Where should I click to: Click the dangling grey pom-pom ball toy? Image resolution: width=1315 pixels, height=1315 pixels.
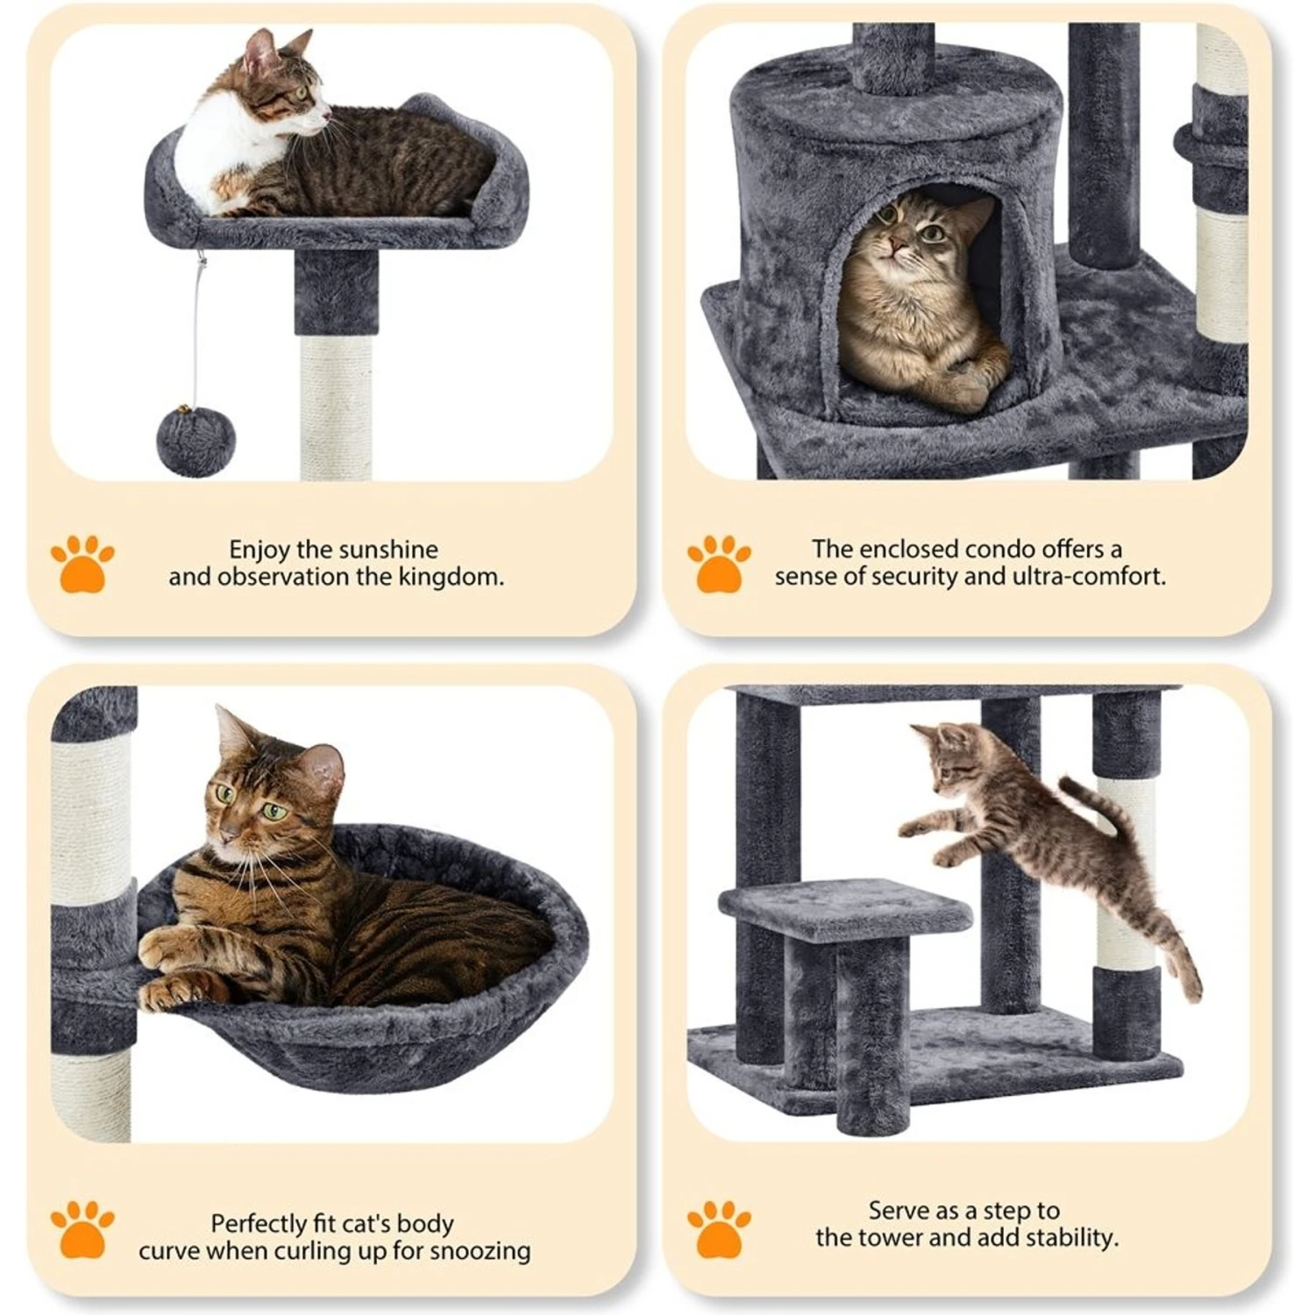[x=195, y=440]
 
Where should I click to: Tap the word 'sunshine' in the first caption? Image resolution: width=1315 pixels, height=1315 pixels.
[x=387, y=550]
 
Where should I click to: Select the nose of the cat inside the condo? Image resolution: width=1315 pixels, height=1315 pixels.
[x=895, y=245]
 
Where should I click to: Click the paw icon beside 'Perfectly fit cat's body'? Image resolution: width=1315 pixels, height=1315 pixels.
[x=82, y=1229]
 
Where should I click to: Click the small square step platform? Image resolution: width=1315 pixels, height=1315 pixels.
[x=845, y=910]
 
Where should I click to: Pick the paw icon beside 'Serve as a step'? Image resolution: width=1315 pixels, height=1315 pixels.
[x=719, y=1229]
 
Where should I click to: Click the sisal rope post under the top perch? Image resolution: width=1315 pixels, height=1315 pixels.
[x=336, y=408]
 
